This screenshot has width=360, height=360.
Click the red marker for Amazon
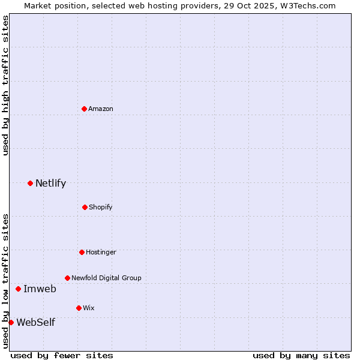coord(84,109)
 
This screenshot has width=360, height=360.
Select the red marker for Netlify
coord(30,183)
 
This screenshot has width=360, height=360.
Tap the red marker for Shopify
coord(85,207)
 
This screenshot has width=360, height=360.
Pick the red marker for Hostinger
coord(82,252)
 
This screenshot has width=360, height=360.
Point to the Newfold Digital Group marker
coord(67,278)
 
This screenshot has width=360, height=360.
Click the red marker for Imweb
coord(18,289)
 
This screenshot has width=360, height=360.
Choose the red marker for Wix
coord(79,308)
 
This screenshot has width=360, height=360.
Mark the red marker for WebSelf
coord(11,322)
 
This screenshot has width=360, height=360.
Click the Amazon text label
coord(101,109)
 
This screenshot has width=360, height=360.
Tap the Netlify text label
coord(50,183)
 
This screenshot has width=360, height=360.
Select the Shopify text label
coord(101,207)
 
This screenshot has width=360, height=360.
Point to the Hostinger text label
coord(101,252)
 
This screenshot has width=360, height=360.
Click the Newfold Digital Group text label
coord(106,278)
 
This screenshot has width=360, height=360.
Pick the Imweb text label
coord(40,289)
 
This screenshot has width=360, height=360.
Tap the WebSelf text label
coord(35,322)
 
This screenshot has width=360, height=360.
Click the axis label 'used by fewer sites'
coord(62,355)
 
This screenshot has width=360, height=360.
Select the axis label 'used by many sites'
coord(301,355)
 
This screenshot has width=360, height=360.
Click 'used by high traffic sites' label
coord(5,85)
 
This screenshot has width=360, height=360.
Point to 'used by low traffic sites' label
coord(5,280)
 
